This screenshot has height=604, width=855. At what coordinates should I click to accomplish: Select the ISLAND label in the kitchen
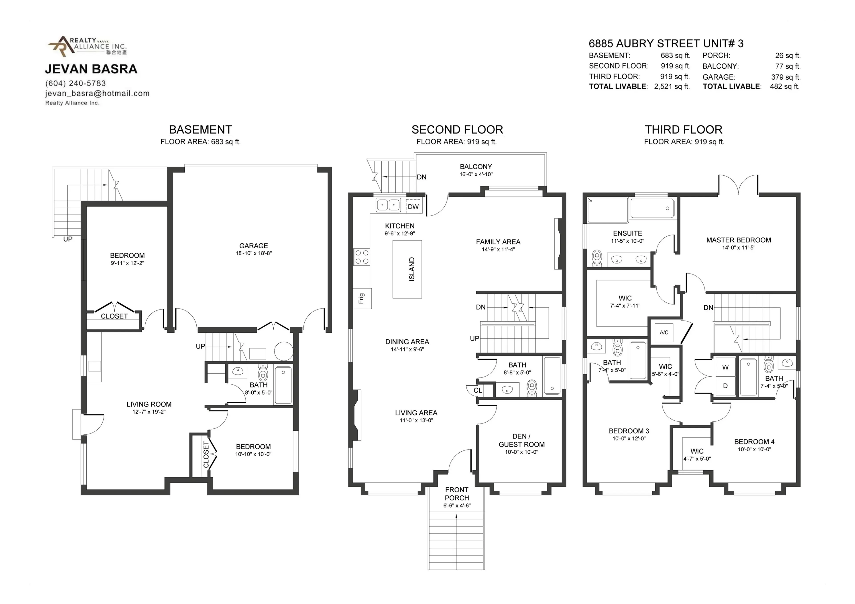pos(411,269)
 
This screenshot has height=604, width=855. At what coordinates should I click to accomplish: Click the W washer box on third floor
pos(725,367)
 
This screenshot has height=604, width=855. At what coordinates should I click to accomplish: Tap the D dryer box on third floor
pos(725,386)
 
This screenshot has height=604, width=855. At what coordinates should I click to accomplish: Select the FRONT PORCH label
pos(456,494)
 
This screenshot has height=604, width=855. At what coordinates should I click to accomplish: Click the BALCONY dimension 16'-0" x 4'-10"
pos(476,174)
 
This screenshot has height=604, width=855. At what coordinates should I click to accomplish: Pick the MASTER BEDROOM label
pos(739,240)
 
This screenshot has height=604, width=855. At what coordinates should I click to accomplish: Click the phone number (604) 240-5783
pos(76,83)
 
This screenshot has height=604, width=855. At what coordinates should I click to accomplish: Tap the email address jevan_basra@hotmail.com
pos(97,93)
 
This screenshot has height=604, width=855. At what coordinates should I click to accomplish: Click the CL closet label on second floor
pos(478,390)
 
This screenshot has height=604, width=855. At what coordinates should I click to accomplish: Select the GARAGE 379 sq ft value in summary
pos(786,77)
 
